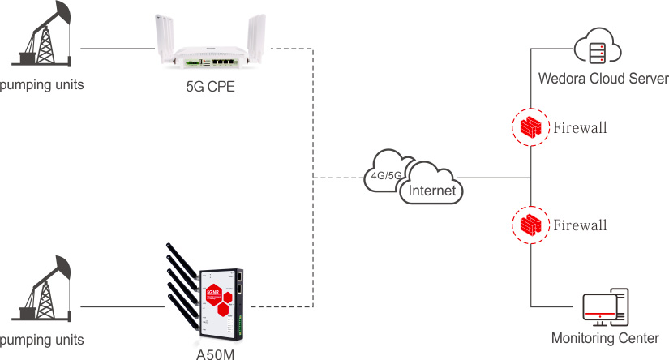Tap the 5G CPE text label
pos(210,87)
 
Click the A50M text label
pos(210,351)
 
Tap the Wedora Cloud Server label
pos(603,79)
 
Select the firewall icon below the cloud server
pos(531,127)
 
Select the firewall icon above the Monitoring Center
pos(531,225)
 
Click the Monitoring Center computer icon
pos(604,308)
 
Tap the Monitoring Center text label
pos(604,338)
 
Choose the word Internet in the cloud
pos(433,191)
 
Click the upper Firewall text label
pos(580,128)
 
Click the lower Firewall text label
pos(580,225)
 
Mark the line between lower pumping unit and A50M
pos(122,307)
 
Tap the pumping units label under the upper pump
pos(41,84)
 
